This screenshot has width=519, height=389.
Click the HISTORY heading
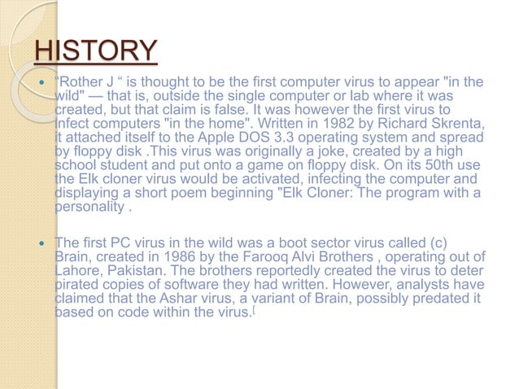95,51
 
